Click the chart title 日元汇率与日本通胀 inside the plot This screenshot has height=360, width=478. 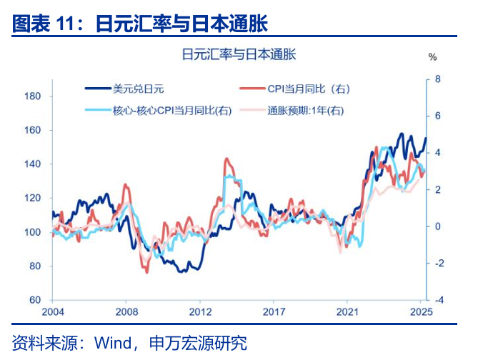(x=239, y=54)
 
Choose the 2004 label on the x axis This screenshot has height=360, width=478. (x=53, y=312)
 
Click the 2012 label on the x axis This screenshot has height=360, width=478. (x=201, y=312)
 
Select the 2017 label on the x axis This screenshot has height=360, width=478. (x=274, y=312)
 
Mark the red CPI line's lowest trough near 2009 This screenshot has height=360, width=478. (x=146, y=272)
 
